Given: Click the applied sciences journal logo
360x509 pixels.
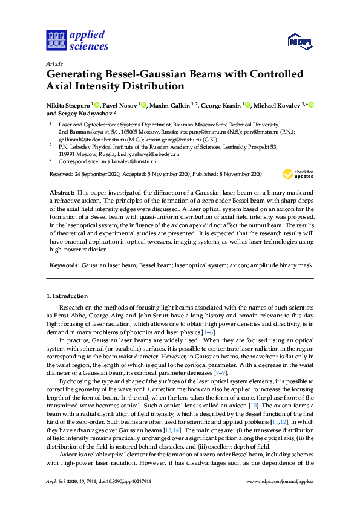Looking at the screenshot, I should (77, 41).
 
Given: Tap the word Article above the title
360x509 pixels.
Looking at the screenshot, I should (54, 63).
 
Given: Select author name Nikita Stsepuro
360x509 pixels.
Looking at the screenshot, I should (68, 105).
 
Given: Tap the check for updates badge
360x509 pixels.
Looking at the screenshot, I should (298, 174).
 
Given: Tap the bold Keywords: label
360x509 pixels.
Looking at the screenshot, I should (62, 265).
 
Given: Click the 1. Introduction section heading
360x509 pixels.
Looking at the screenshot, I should (67, 296).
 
